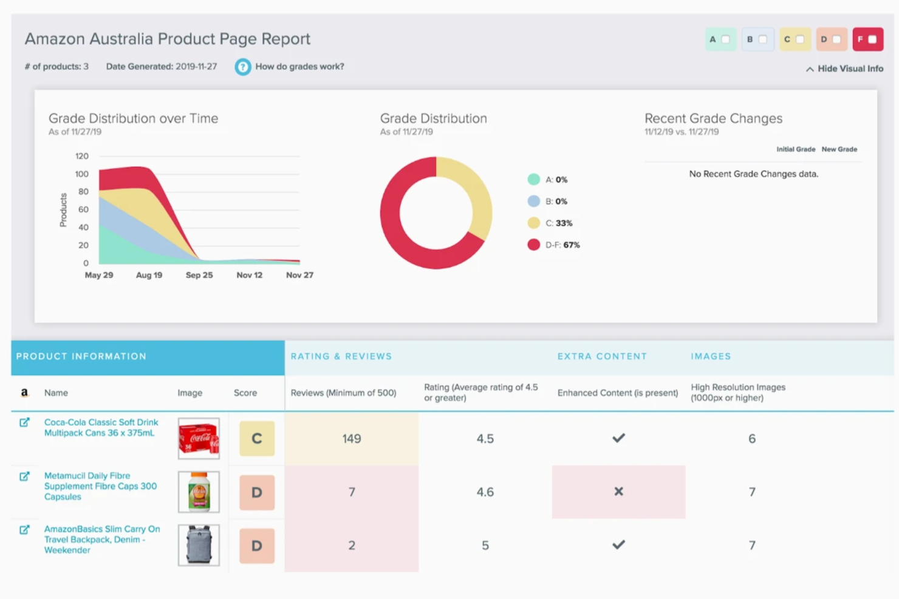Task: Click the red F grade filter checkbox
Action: tap(872, 39)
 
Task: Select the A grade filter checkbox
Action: tap(725, 39)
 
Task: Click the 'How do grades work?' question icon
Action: tap(243, 67)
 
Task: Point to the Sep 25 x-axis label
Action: tap(199, 275)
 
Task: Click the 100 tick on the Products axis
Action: tap(81, 174)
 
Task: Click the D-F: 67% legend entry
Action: tap(554, 245)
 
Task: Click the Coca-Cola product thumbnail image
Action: tap(199, 438)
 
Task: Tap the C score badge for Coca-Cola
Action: tap(256, 438)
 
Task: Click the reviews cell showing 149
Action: tap(351, 438)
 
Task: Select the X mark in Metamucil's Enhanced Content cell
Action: tap(618, 492)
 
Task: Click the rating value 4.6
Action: tap(485, 492)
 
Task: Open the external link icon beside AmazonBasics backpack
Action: tap(24, 530)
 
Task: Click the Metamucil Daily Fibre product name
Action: tap(100, 486)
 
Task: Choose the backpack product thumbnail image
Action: tap(199, 545)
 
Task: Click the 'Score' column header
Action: tap(245, 393)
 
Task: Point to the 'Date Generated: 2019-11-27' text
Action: tap(161, 67)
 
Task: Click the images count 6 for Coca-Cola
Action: tap(751, 439)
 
